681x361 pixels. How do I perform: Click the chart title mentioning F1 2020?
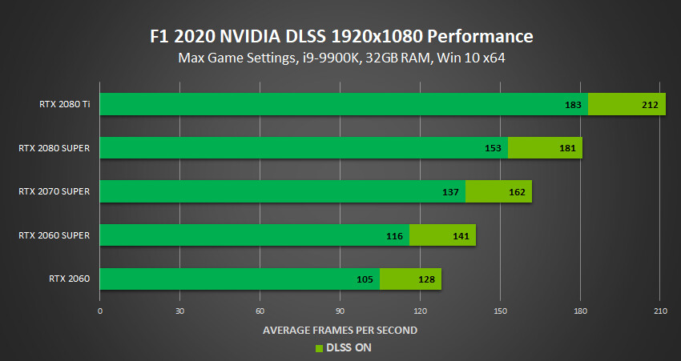click(x=340, y=36)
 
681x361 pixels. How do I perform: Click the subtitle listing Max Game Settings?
click(x=340, y=58)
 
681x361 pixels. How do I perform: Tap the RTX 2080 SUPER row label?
click(x=57, y=148)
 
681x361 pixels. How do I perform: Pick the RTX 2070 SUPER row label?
click(x=57, y=191)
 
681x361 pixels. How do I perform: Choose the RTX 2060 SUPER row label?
click(x=57, y=235)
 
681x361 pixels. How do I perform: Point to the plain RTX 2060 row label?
click(x=69, y=279)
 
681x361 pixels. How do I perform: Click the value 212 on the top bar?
click(x=650, y=105)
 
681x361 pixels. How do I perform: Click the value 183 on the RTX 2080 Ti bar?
click(x=572, y=105)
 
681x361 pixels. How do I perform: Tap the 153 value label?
click(x=492, y=148)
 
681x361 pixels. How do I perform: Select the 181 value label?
click(x=566, y=148)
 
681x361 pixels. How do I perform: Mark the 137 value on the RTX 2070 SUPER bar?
click(x=449, y=192)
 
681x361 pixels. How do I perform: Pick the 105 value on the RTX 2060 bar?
click(x=364, y=279)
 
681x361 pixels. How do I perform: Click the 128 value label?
click(x=425, y=279)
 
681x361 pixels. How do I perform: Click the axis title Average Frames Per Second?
click(x=340, y=330)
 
